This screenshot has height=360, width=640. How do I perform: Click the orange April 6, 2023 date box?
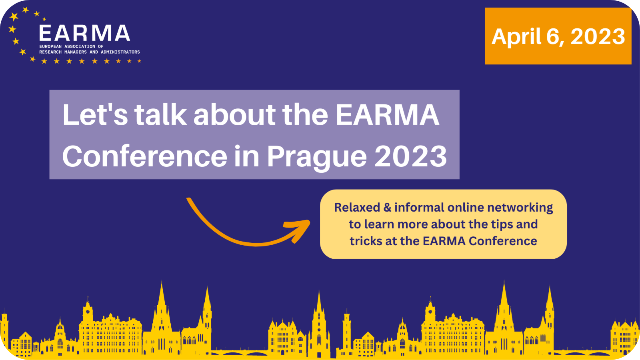(558, 36)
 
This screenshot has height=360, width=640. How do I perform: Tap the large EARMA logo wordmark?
(84, 33)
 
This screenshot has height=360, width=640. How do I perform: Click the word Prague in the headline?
(317, 157)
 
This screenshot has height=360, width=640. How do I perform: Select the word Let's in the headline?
(95, 114)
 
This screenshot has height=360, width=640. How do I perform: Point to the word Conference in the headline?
(144, 156)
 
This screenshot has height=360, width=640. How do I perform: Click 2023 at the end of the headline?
(410, 156)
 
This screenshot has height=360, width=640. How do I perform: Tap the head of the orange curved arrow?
(298, 230)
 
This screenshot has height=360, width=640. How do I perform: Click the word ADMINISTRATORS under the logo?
(120, 52)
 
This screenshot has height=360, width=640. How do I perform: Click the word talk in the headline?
(160, 114)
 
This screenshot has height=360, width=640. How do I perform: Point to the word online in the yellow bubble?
(466, 208)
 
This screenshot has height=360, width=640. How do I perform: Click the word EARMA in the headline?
(388, 114)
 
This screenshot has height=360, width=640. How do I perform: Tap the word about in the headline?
(234, 114)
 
